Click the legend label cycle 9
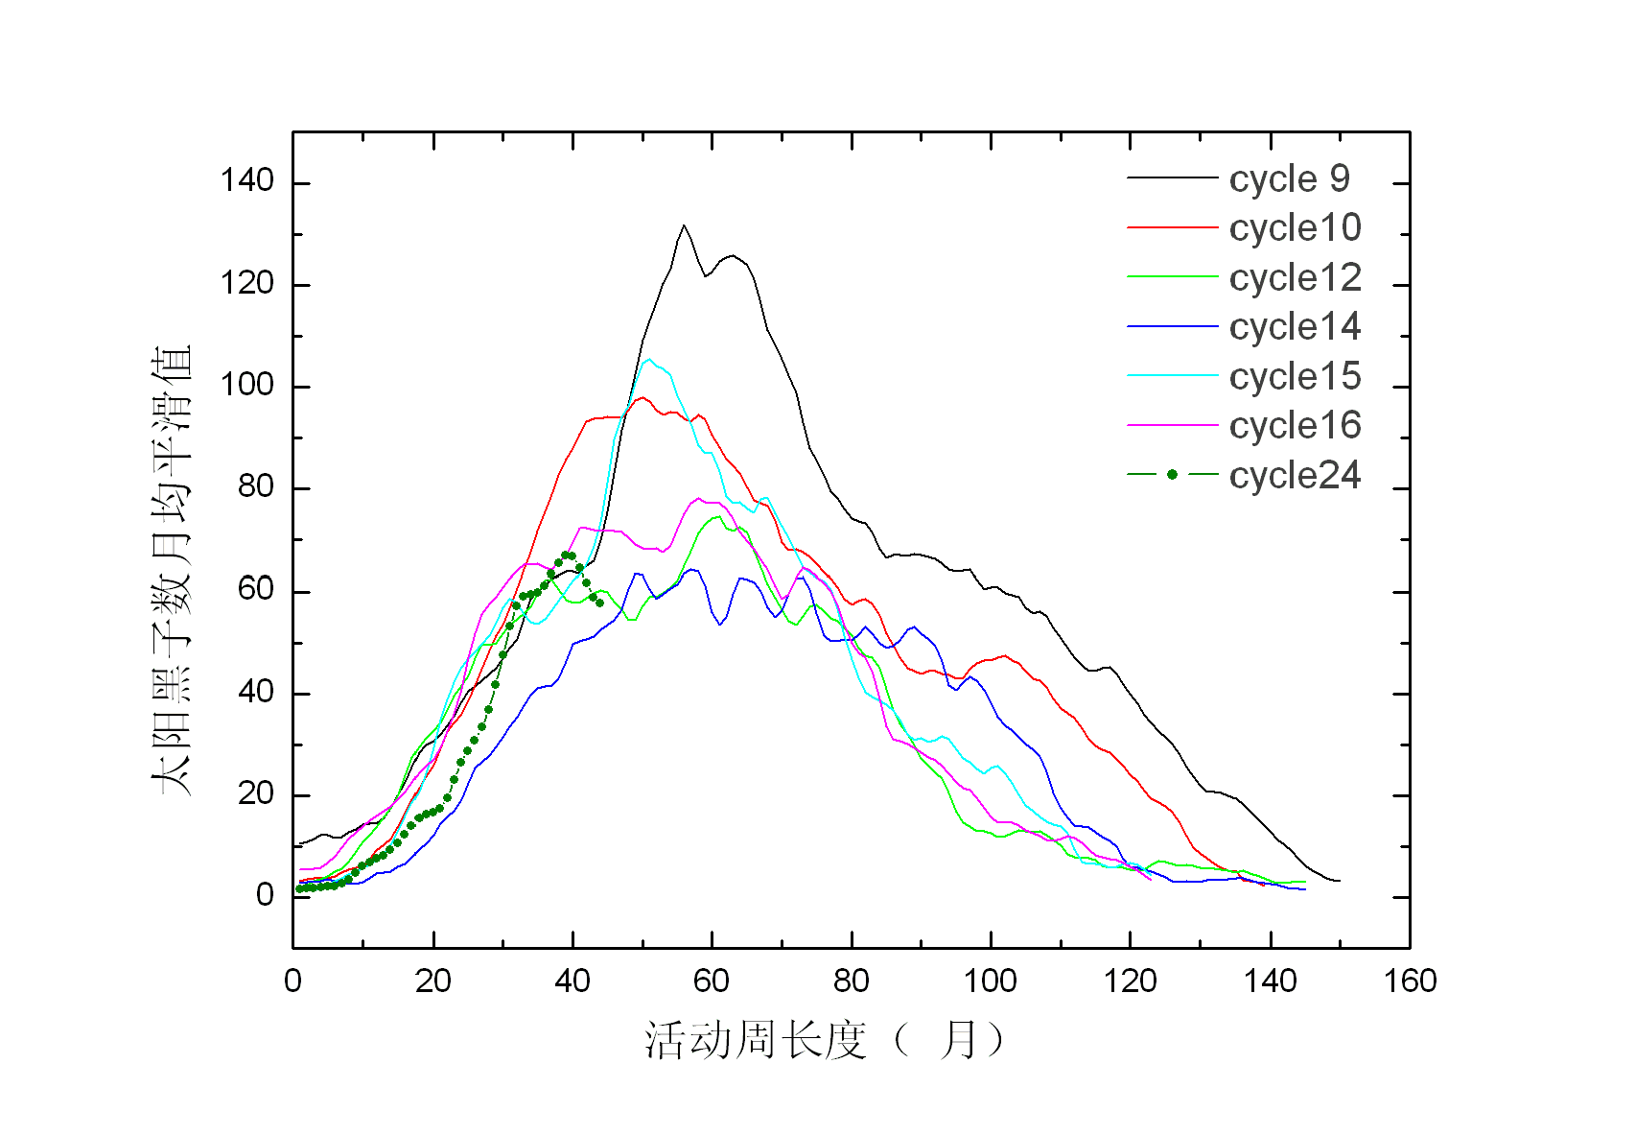[x=1289, y=178]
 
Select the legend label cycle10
[x=1295, y=228]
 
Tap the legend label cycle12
[x=1295, y=278]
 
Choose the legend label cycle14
[x=1295, y=327]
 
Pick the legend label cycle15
[x=1295, y=377]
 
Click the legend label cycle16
[x=1295, y=426]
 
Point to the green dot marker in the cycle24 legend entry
[x=1172, y=475]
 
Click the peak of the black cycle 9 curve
[x=684, y=225]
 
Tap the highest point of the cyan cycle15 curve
[x=649, y=359]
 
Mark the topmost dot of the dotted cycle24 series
[x=567, y=555]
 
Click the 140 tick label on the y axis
[x=246, y=180]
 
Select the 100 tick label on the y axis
[x=246, y=385]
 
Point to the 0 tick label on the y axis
[x=265, y=895]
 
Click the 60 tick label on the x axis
[x=712, y=981]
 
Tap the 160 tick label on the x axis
[x=1410, y=981]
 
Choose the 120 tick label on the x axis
[x=1130, y=981]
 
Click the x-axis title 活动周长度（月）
[x=825, y=1040]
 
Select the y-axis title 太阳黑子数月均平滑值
[x=173, y=571]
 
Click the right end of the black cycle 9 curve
[x=1339, y=881]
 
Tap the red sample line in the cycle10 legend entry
[x=1172, y=228]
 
